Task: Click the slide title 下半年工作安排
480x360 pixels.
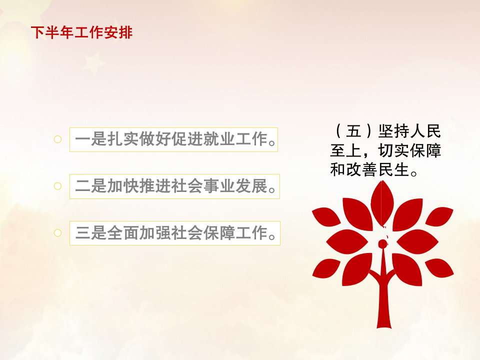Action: point(81,32)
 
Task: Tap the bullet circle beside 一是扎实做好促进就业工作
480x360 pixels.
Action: point(57,139)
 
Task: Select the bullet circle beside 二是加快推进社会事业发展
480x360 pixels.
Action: point(57,186)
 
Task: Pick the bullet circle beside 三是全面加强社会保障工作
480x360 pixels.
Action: point(57,233)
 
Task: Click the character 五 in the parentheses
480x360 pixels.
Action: point(354,131)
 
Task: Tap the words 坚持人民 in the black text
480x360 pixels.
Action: point(409,131)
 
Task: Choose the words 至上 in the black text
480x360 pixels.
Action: point(346,150)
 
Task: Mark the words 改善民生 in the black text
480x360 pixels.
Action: point(378,169)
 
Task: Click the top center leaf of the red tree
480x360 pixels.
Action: point(382,202)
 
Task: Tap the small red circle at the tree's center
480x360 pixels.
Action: point(382,244)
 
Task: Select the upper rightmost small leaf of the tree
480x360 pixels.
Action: point(439,216)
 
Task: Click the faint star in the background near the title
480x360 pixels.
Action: point(94,63)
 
